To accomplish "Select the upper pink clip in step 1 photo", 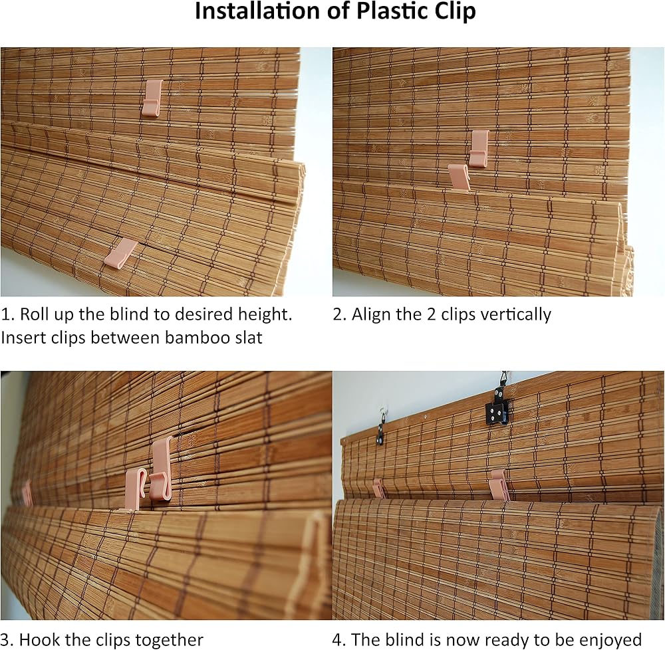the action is [x=152, y=98].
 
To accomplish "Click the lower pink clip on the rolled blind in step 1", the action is [x=120, y=254].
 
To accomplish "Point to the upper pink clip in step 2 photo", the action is [x=479, y=148].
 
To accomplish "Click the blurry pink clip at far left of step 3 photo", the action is [x=27, y=492].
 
